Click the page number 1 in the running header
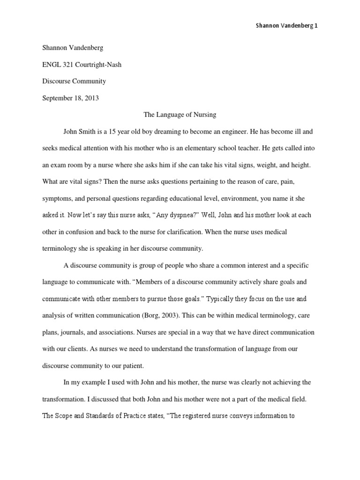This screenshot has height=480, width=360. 316,26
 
